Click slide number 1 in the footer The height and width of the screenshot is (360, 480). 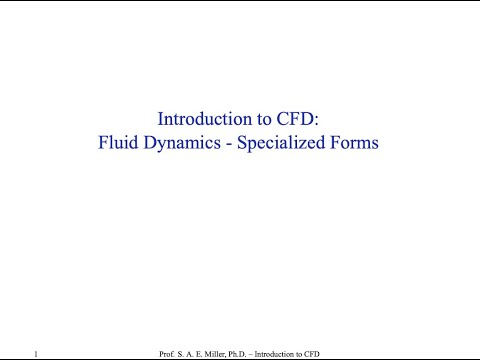coord(35,354)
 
